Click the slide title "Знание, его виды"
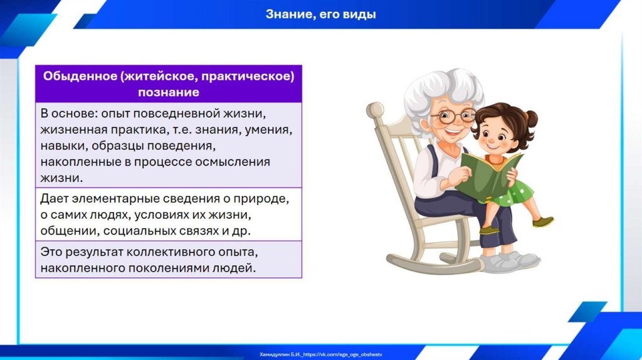[x=320, y=14]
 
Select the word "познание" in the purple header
[x=169, y=92]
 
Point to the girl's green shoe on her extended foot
[x=543, y=221]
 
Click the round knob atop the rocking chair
[x=374, y=110]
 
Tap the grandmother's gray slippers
[x=509, y=262]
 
